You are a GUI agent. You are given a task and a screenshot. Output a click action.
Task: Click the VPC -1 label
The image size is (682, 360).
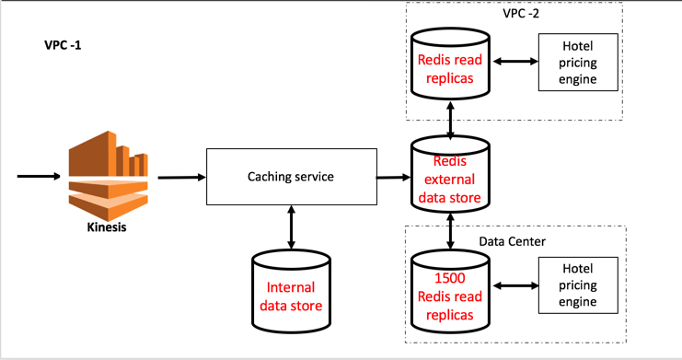pos(64,45)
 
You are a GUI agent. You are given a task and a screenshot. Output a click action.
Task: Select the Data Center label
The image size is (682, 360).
pos(513,241)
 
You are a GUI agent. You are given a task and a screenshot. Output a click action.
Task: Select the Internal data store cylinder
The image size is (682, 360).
pos(291,295)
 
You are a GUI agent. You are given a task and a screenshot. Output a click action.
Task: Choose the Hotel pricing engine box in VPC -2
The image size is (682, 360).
pos(578,63)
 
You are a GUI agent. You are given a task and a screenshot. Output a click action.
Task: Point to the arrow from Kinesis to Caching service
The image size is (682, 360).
pos(180,177)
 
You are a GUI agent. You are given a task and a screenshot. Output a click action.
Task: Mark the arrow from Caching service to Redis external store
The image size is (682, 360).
pos(394,177)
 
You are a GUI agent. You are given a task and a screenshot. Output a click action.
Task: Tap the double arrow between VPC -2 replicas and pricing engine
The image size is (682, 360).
pos(515,62)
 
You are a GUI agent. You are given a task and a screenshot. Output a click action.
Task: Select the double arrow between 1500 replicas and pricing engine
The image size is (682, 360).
pos(515,285)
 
